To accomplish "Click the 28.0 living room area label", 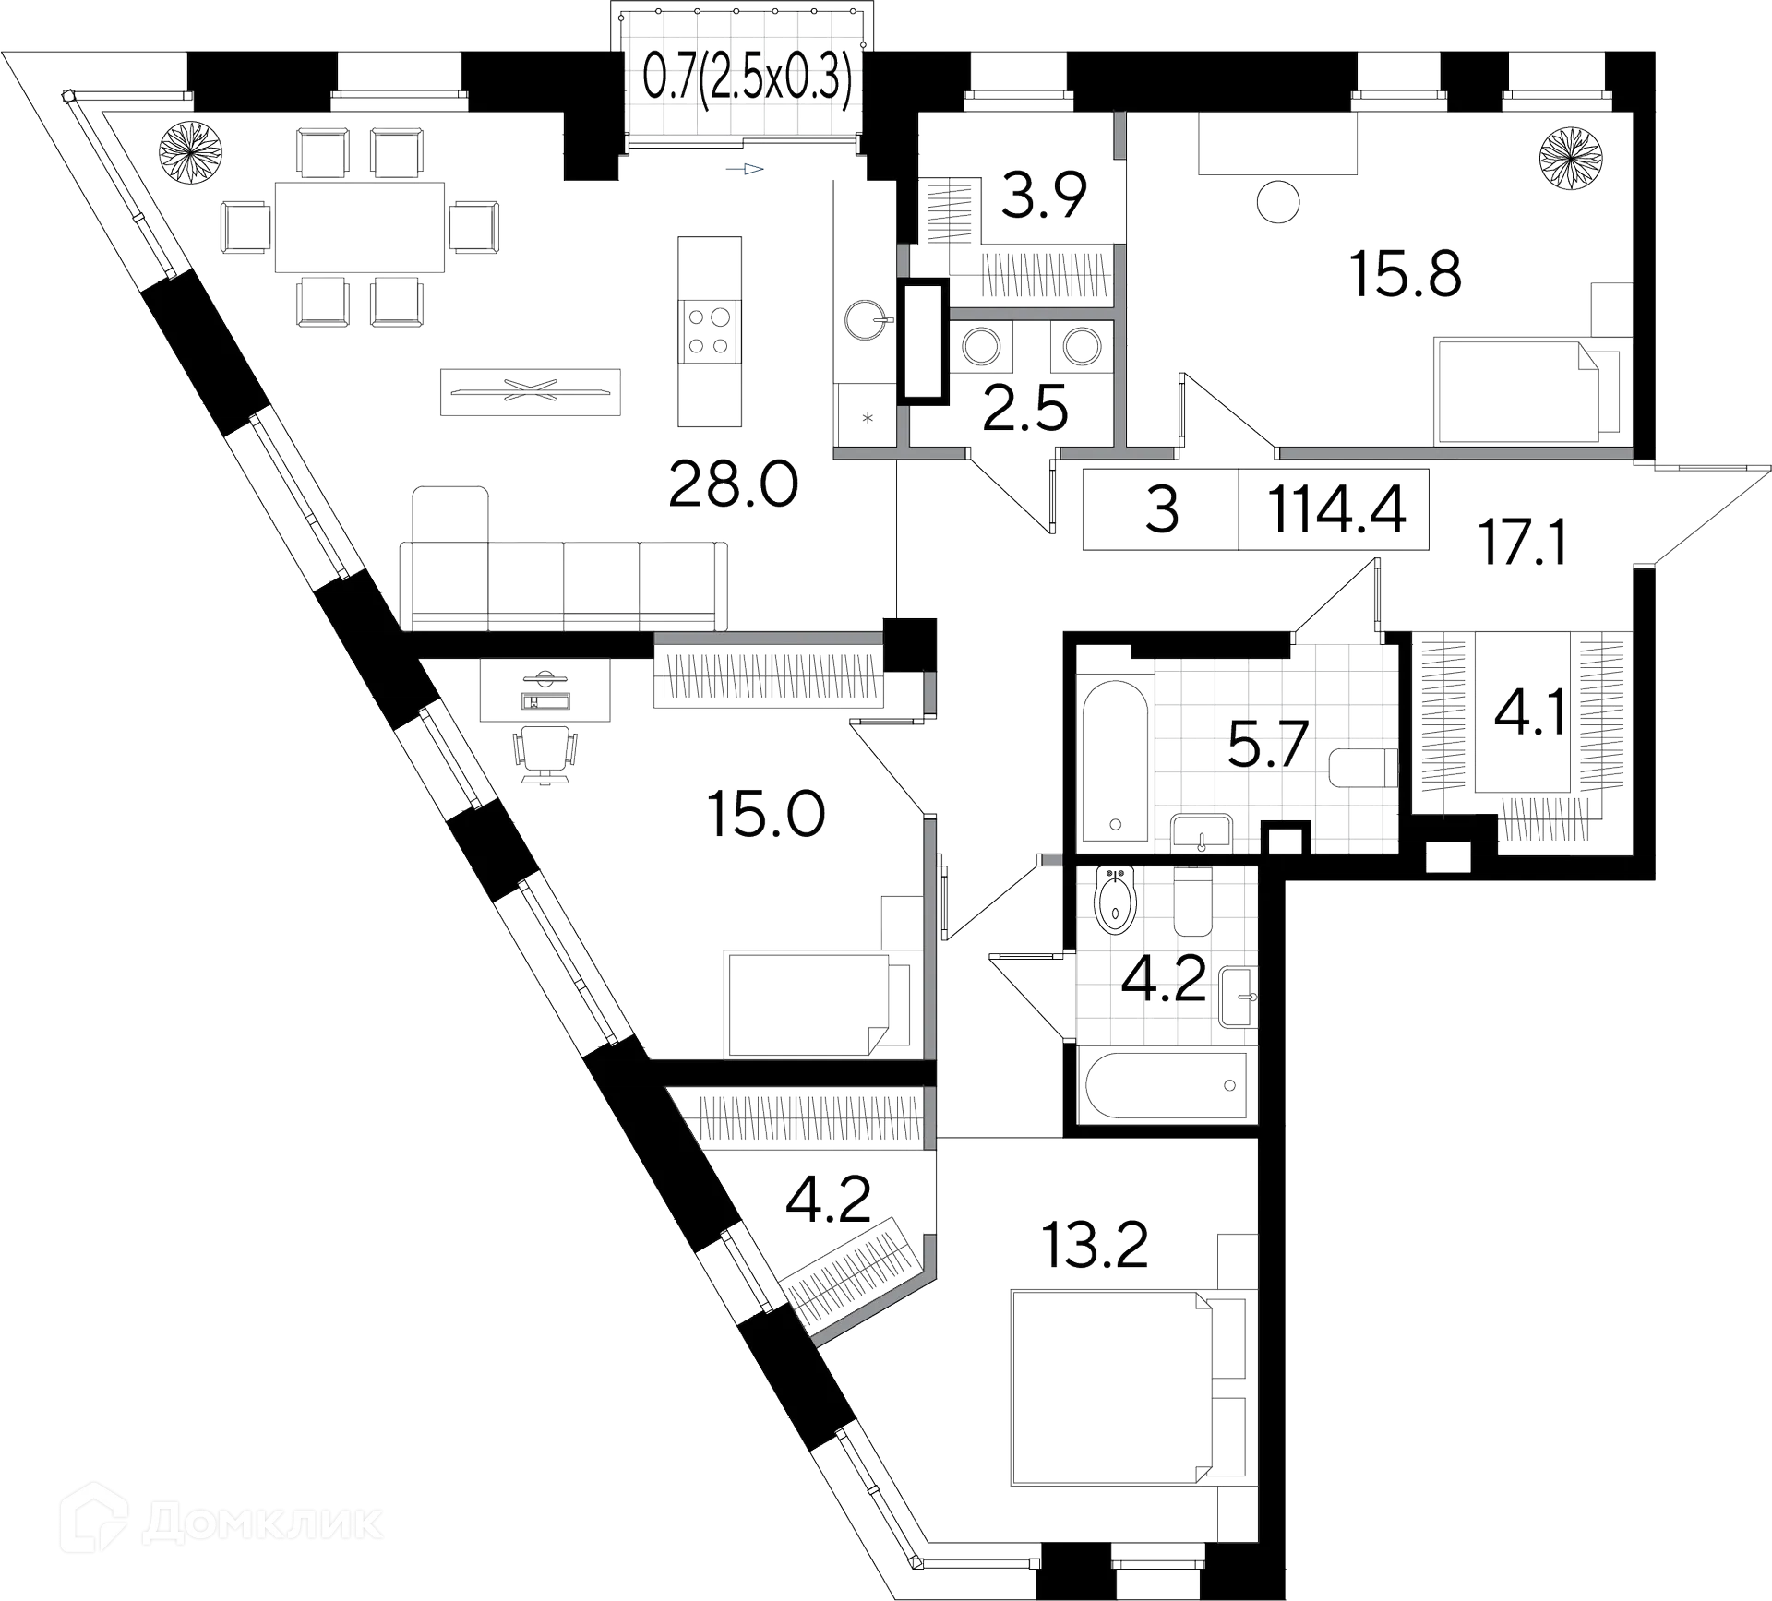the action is point(733,486).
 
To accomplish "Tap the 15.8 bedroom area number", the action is point(1406,274).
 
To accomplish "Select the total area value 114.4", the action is point(1337,510).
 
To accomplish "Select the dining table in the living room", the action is point(360,227).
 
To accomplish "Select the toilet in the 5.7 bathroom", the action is point(1364,769).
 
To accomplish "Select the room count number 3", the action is point(1162,510).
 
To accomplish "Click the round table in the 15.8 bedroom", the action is point(1278,200).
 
